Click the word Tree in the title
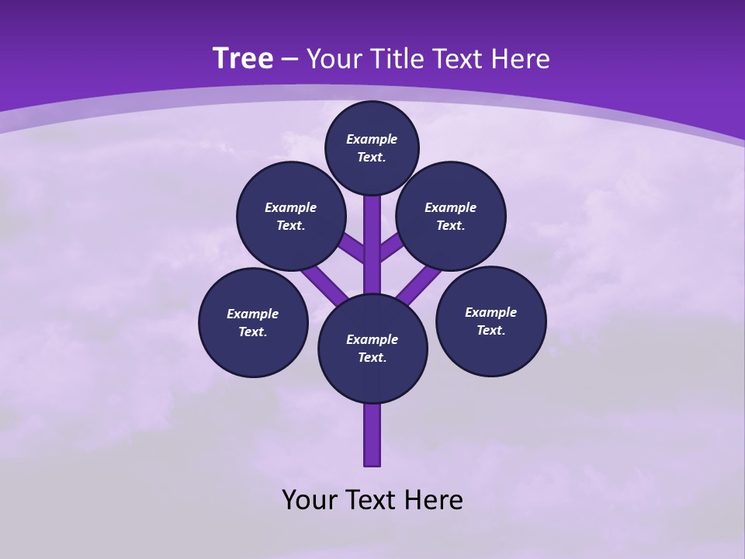[x=243, y=58]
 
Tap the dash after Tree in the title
[x=290, y=60]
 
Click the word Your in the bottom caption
[x=310, y=500]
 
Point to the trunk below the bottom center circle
[x=372, y=435]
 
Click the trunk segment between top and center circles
[x=372, y=241]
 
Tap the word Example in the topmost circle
[x=372, y=139]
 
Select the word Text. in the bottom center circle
[x=372, y=358]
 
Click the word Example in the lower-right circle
[x=490, y=312]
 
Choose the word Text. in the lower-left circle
[x=252, y=332]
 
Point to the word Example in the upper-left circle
[x=291, y=207]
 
